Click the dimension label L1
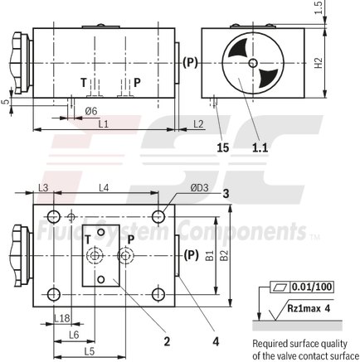pyautogui.click(x=103, y=123)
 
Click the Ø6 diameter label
pyautogui.click(x=91, y=110)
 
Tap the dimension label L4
pyautogui.click(x=104, y=188)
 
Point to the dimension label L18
pyautogui.click(x=61, y=318)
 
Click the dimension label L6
pyautogui.click(x=73, y=334)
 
